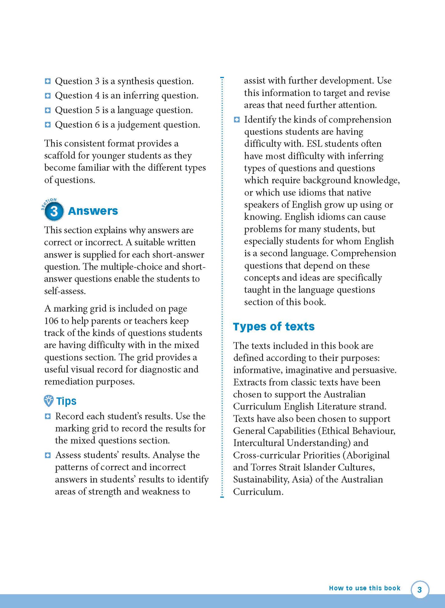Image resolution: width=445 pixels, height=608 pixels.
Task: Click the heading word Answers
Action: tap(93, 211)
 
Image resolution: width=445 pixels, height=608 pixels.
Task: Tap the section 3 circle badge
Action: tap(54, 211)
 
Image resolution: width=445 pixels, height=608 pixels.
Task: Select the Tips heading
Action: tap(66, 401)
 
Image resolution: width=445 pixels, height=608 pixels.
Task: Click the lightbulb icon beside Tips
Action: tap(49, 401)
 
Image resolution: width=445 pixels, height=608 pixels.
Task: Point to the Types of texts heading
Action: tap(273, 326)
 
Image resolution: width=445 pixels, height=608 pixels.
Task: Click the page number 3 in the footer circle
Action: tap(419, 590)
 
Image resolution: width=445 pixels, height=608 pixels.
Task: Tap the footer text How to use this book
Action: tap(364, 588)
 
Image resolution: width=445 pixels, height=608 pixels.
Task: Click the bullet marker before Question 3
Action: tap(48, 81)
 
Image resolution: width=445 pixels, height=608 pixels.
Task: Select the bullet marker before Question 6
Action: tap(48, 125)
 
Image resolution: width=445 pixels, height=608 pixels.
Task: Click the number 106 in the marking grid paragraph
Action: tap(51, 321)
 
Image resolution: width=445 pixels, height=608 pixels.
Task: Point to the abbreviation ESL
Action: tap(314, 144)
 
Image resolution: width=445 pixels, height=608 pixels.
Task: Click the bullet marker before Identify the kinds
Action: tap(237, 119)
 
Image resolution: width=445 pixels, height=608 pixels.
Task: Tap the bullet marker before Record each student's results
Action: tap(48, 416)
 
